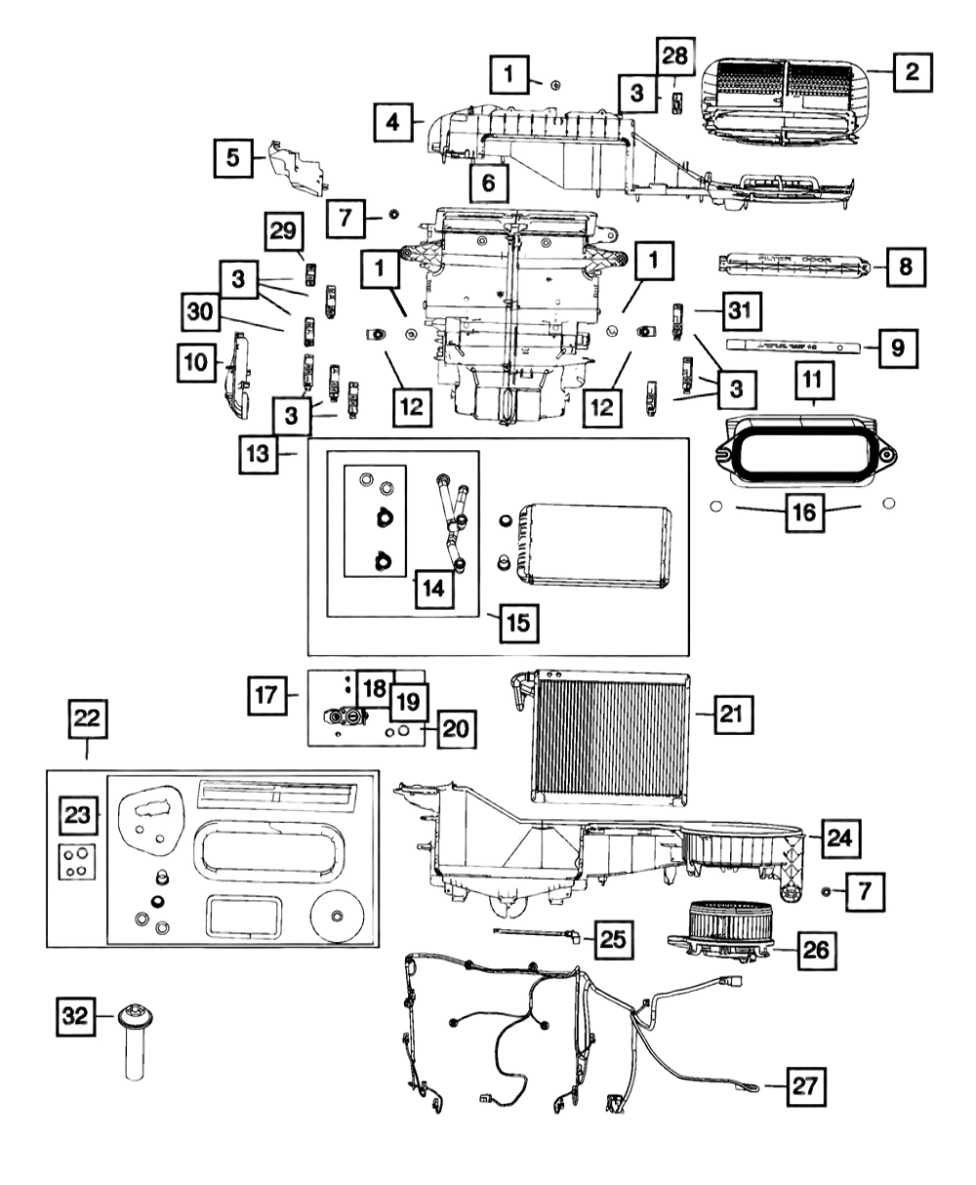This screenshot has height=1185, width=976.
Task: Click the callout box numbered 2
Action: [x=910, y=72]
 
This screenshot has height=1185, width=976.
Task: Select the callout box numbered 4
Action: [x=391, y=123]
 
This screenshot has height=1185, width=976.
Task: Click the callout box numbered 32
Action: [x=74, y=1017]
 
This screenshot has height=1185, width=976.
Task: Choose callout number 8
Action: [x=905, y=265]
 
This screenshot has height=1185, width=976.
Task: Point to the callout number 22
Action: [x=87, y=719]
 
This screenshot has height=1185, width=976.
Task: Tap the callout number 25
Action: [x=611, y=939]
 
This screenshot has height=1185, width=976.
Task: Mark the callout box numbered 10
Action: [x=196, y=360]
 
